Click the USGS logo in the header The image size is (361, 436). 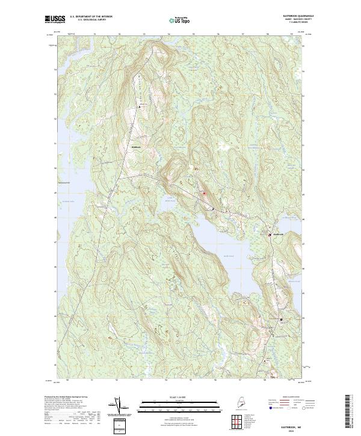[55, 19]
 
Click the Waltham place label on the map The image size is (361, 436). [137, 147]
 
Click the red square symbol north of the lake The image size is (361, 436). [204, 193]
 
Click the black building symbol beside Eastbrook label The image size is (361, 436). [269, 235]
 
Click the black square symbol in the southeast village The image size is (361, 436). [281, 319]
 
